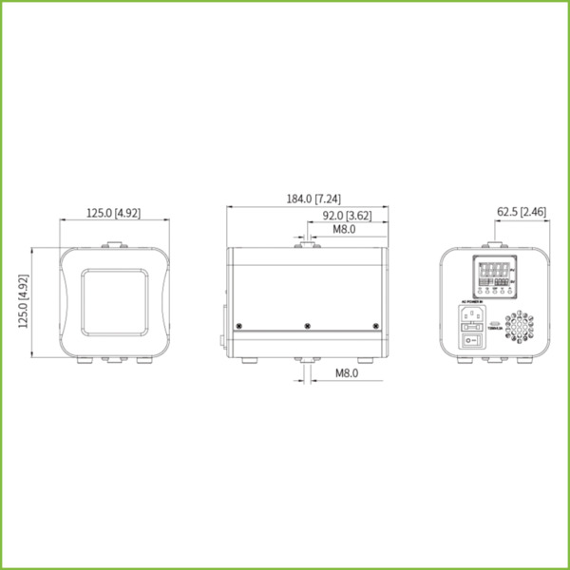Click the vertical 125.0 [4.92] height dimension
tap(24, 301)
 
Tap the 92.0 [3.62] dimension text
tap(344, 215)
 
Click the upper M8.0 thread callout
tap(343, 229)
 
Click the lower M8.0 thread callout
tap(346, 373)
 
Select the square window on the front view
tap(114, 301)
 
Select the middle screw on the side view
tap(306, 326)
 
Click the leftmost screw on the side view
tap(238, 326)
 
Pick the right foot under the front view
tap(145, 361)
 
